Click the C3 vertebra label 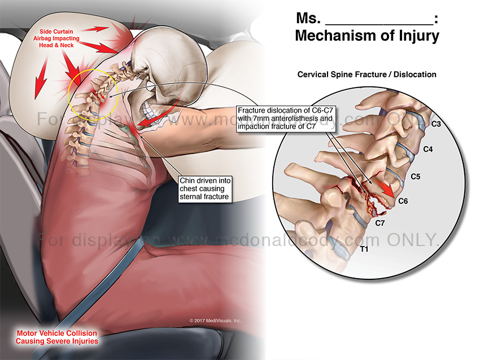coord(435,124)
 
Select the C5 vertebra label coord(416,177)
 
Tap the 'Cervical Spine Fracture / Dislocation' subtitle coord(367,74)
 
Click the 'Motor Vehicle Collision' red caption coord(56,337)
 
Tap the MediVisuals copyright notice coord(215,321)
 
